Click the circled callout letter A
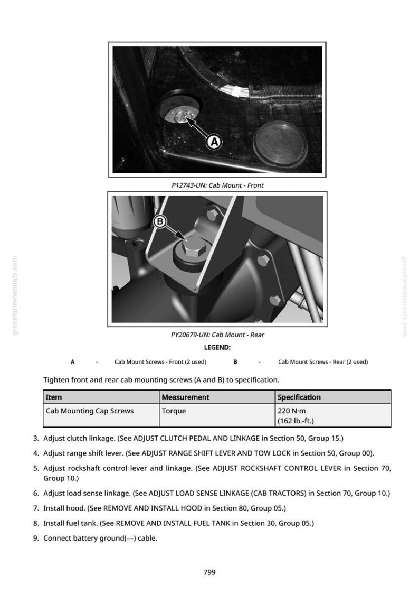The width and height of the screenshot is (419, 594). point(214,142)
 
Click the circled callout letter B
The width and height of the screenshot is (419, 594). point(160,221)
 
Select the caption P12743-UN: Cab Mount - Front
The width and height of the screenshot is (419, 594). point(217,185)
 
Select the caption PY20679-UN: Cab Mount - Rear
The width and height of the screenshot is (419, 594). point(217,335)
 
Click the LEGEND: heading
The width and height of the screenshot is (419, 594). point(217,347)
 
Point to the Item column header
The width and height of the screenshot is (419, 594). point(54,397)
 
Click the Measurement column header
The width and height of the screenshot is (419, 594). point(185,397)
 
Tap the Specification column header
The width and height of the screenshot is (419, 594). point(299,397)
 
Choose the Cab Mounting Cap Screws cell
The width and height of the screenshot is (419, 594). point(90,411)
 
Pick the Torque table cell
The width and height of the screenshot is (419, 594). point(174,411)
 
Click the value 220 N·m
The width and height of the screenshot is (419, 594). point(292,411)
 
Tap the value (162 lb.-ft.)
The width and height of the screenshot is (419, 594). point(296,421)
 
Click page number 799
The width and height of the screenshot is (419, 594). point(209,572)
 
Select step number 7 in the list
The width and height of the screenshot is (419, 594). point(36,508)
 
